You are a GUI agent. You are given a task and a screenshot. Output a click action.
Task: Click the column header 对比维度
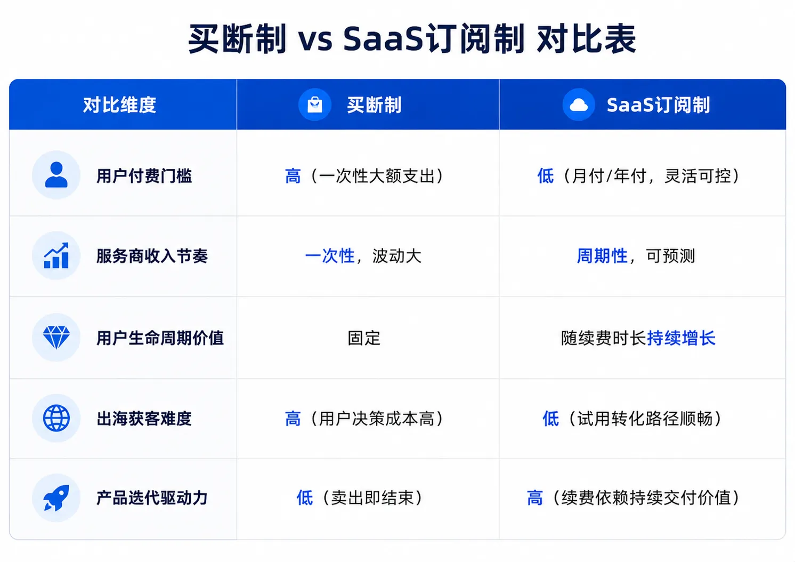click(119, 105)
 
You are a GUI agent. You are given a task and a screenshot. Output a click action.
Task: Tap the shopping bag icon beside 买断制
click(315, 105)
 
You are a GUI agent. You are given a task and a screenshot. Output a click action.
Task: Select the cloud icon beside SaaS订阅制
click(579, 105)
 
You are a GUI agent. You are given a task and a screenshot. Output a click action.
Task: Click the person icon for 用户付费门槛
click(56, 175)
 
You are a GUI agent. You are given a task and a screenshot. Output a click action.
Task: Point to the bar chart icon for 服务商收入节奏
click(56, 255)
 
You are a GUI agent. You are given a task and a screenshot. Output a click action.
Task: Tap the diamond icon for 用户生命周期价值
click(56, 337)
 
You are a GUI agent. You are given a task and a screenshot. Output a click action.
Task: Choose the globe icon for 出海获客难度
click(56, 418)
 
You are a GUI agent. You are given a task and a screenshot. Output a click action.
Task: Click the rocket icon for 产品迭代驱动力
click(56, 497)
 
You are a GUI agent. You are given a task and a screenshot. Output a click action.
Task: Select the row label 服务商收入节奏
click(152, 256)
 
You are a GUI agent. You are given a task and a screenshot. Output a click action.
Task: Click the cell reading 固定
click(364, 338)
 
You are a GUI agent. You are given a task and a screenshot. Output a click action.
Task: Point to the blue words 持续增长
click(681, 338)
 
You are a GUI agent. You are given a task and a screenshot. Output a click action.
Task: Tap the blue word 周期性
click(602, 256)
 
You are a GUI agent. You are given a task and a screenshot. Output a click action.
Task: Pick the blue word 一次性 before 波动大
click(330, 256)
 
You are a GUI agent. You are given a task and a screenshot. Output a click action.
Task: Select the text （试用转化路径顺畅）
click(645, 419)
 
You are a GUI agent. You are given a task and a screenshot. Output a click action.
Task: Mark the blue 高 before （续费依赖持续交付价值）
click(535, 497)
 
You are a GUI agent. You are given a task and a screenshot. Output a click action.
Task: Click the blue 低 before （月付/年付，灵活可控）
click(545, 176)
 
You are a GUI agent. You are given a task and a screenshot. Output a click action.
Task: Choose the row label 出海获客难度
click(144, 419)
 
